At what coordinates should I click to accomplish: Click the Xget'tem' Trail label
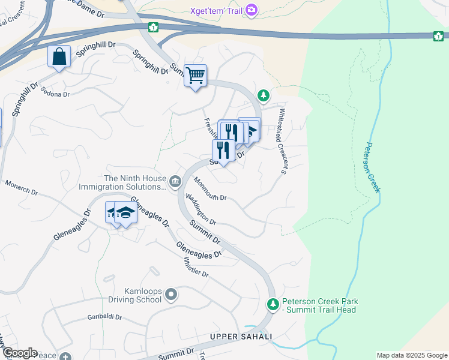pos(215,10)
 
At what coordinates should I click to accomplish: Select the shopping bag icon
pos(59,57)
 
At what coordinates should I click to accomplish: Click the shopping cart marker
pos(195,76)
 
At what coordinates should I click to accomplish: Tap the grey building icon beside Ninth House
pos(175,181)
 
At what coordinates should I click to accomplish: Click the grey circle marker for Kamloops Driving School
pos(171,294)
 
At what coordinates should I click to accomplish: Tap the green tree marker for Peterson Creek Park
pos(273,305)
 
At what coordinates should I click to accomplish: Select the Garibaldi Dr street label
pos(105,317)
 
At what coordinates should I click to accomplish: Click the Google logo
pos(19,353)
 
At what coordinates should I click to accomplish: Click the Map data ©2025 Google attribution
pos(411,355)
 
